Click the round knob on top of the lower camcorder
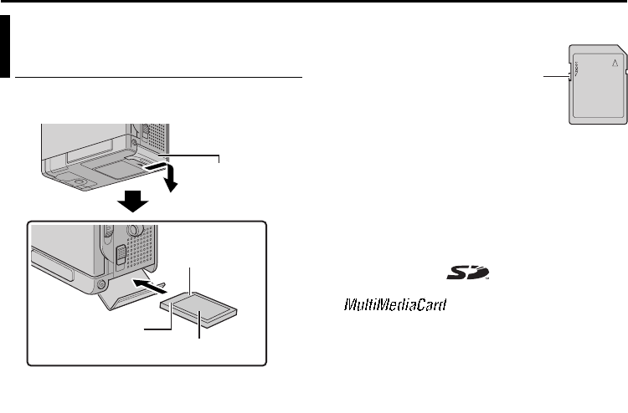(x=135, y=229)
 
